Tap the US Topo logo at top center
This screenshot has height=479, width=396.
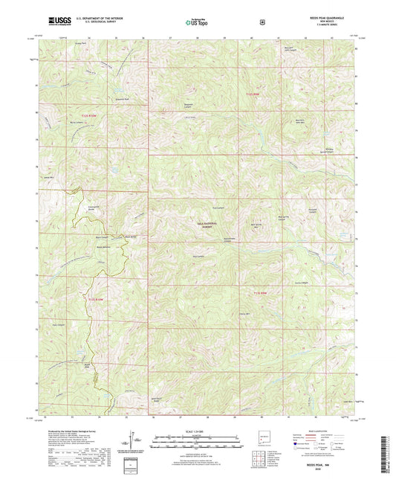coord(198,22)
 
